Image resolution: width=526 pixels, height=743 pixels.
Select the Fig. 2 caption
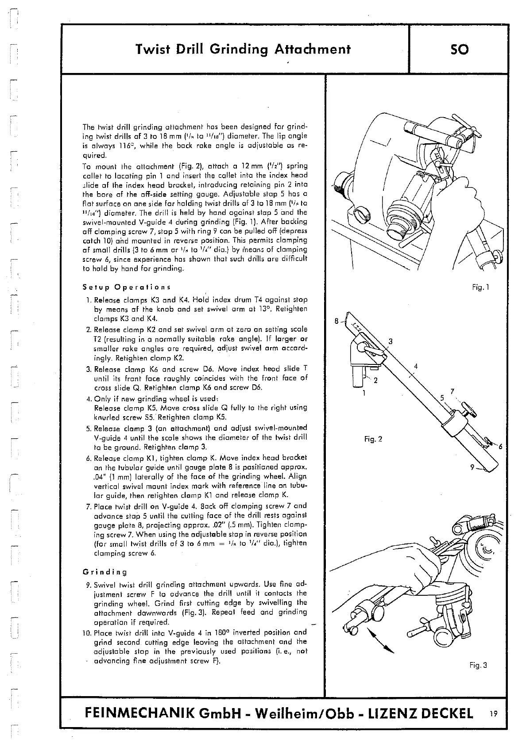pos(372,439)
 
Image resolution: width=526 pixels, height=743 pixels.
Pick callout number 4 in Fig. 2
pos(415,366)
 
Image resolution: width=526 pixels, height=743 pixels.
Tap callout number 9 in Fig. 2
pos(472,467)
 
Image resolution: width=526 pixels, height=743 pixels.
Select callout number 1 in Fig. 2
pos(364,393)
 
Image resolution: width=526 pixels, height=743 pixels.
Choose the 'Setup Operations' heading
pos(127,287)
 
